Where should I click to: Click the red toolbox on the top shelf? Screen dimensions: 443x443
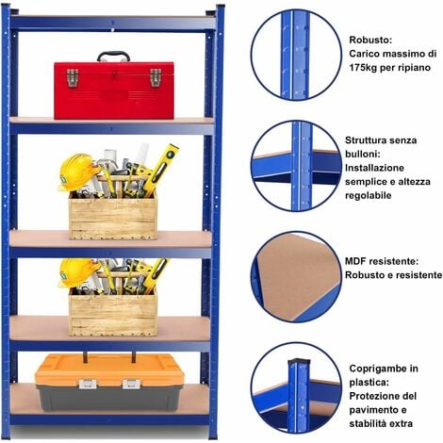point(113,90)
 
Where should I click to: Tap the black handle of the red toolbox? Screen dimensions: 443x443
point(113,56)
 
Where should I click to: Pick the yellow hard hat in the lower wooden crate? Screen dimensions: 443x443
point(76,271)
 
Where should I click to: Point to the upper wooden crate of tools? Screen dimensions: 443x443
point(113,217)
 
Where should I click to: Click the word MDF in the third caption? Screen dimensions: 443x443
point(359,261)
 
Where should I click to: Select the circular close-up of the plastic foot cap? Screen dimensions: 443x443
point(295,386)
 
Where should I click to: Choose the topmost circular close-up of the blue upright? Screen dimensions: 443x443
point(295,54)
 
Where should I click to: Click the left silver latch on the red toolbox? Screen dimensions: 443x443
point(72,78)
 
